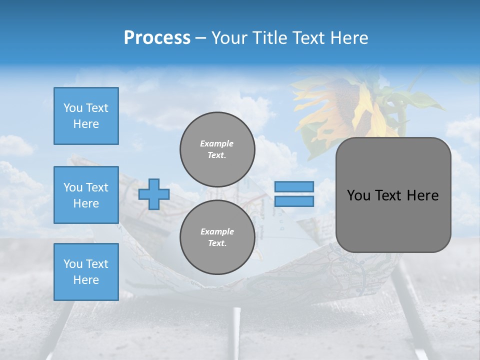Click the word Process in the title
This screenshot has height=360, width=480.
coord(157,38)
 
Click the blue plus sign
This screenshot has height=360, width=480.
coord(153,194)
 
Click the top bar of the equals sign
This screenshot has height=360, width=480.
coord(294,186)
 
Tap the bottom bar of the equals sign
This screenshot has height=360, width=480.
coord(294,201)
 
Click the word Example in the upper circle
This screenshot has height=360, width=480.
coord(217,143)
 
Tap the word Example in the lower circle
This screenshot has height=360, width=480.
coord(217,231)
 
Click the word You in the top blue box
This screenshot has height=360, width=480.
coord(73,108)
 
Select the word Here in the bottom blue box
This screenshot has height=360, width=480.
coord(86,280)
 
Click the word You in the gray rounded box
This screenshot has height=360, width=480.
coord(358,195)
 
